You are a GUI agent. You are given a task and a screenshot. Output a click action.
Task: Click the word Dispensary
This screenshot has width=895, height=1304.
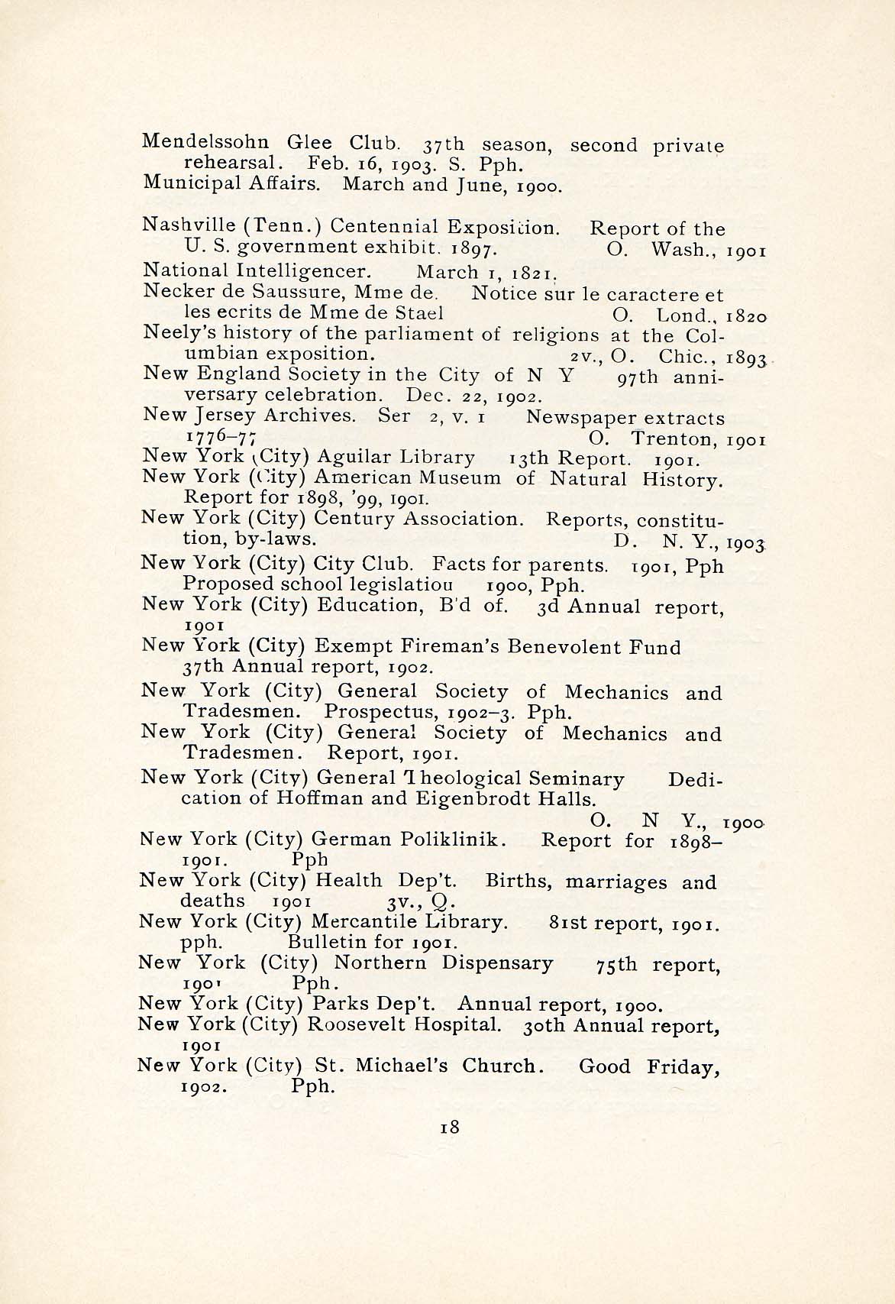[x=497, y=963]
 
